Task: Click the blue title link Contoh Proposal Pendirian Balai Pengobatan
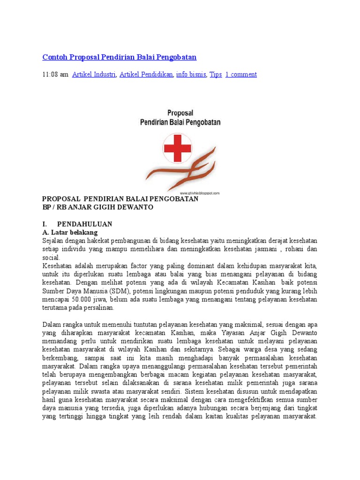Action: [120, 57]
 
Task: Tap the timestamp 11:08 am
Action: [55, 75]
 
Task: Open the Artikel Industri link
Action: [94, 75]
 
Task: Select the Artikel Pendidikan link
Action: [146, 75]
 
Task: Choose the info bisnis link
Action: [191, 75]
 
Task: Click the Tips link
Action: [216, 75]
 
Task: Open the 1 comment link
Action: [241, 75]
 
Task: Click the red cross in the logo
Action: [177, 148]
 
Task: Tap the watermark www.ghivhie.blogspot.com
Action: [200, 193]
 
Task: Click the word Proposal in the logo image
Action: [180, 113]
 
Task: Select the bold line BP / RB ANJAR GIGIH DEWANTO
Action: [97, 207]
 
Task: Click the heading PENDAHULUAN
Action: [84, 224]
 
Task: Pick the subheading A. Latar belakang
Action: [70, 232]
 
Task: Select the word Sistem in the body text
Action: [195, 391]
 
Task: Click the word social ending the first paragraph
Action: [51, 258]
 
